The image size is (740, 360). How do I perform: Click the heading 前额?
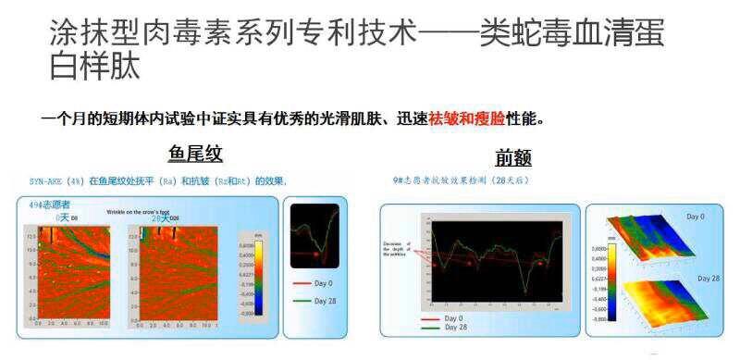pos(512,157)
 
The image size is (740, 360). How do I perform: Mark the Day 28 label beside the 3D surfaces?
pos(709,279)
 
